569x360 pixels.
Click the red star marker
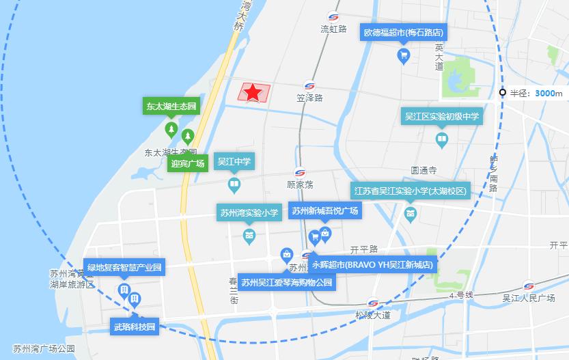tap(253, 92)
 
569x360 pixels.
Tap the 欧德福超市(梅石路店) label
tap(403, 32)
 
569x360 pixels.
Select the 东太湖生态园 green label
tap(170, 106)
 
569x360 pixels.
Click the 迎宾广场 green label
tap(188, 164)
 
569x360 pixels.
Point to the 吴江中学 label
tap(234, 162)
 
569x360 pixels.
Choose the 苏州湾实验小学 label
tap(249, 213)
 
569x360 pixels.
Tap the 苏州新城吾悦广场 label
tap(324, 210)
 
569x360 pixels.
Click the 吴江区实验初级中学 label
tap(442, 117)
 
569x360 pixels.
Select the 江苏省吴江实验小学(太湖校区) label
tap(410, 191)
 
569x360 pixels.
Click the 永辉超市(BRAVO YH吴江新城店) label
tap(372, 264)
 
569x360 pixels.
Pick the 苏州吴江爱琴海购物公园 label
tap(287, 282)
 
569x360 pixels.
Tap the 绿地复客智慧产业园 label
tap(124, 267)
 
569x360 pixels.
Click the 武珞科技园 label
tap(135, 327)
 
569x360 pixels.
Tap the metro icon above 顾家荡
tap(300, 172)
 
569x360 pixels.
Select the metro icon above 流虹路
tap(334, 17)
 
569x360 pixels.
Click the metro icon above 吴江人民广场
tap(529, 286)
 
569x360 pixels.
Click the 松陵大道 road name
tap(373, 315)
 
